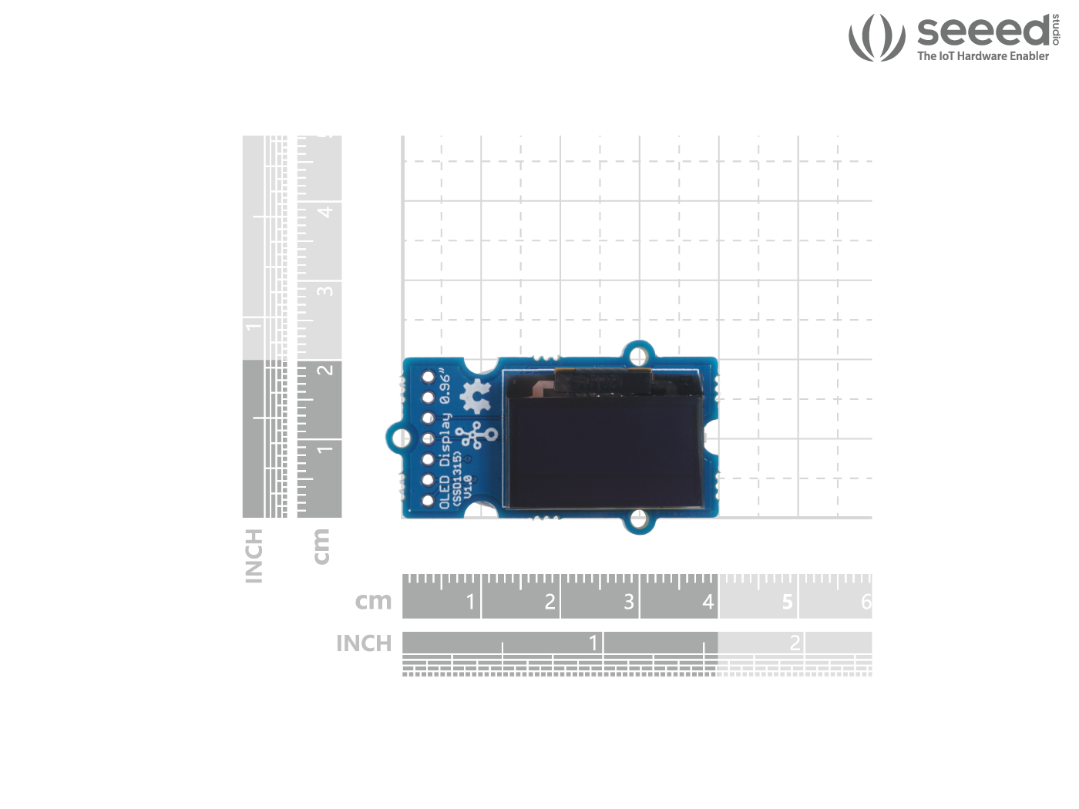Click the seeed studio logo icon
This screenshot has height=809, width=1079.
876,37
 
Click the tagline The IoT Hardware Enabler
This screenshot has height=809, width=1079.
983,56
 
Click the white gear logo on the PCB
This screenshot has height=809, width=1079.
476,395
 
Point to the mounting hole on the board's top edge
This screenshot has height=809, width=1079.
638,356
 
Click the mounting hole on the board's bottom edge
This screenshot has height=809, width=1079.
638,519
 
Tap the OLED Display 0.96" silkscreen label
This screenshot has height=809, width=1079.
445,439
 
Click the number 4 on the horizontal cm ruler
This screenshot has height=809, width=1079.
708,602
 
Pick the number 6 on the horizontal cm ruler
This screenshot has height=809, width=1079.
866,602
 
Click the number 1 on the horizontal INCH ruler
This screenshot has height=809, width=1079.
593,643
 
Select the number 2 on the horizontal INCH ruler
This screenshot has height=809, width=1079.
795,643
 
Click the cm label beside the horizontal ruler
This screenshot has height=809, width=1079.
374,600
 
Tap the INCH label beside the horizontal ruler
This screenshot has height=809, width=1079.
364,643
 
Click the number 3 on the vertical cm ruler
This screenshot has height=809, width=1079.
325,291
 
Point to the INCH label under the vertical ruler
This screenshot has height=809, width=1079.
254,556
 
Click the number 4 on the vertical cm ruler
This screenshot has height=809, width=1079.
325,212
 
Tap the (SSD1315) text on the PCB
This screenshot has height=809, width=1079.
456,478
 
